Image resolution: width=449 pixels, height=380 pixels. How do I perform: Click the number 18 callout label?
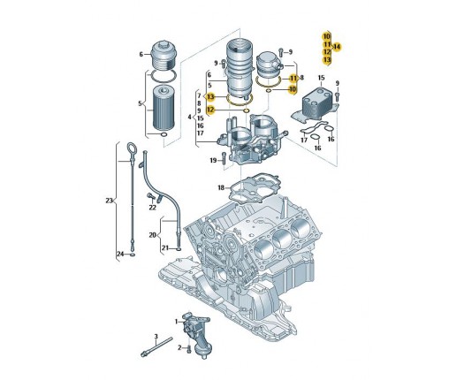coord(221,187)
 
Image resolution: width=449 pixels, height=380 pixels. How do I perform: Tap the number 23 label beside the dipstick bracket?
coord(109,201)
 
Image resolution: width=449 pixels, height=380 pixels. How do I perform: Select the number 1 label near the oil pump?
coord(177,322)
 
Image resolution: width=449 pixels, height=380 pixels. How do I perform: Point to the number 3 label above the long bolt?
coord(156,336)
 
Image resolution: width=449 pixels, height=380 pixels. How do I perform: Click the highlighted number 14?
coord(337,47)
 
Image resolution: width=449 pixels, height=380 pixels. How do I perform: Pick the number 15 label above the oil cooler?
coord(321,78)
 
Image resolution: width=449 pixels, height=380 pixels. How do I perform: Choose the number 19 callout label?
coord(213,160)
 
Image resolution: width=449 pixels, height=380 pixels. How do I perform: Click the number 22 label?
coord(152,208)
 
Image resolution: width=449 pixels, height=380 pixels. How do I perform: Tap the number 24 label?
coord(120,254)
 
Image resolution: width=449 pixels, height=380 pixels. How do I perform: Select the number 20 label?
coord(152,235)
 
